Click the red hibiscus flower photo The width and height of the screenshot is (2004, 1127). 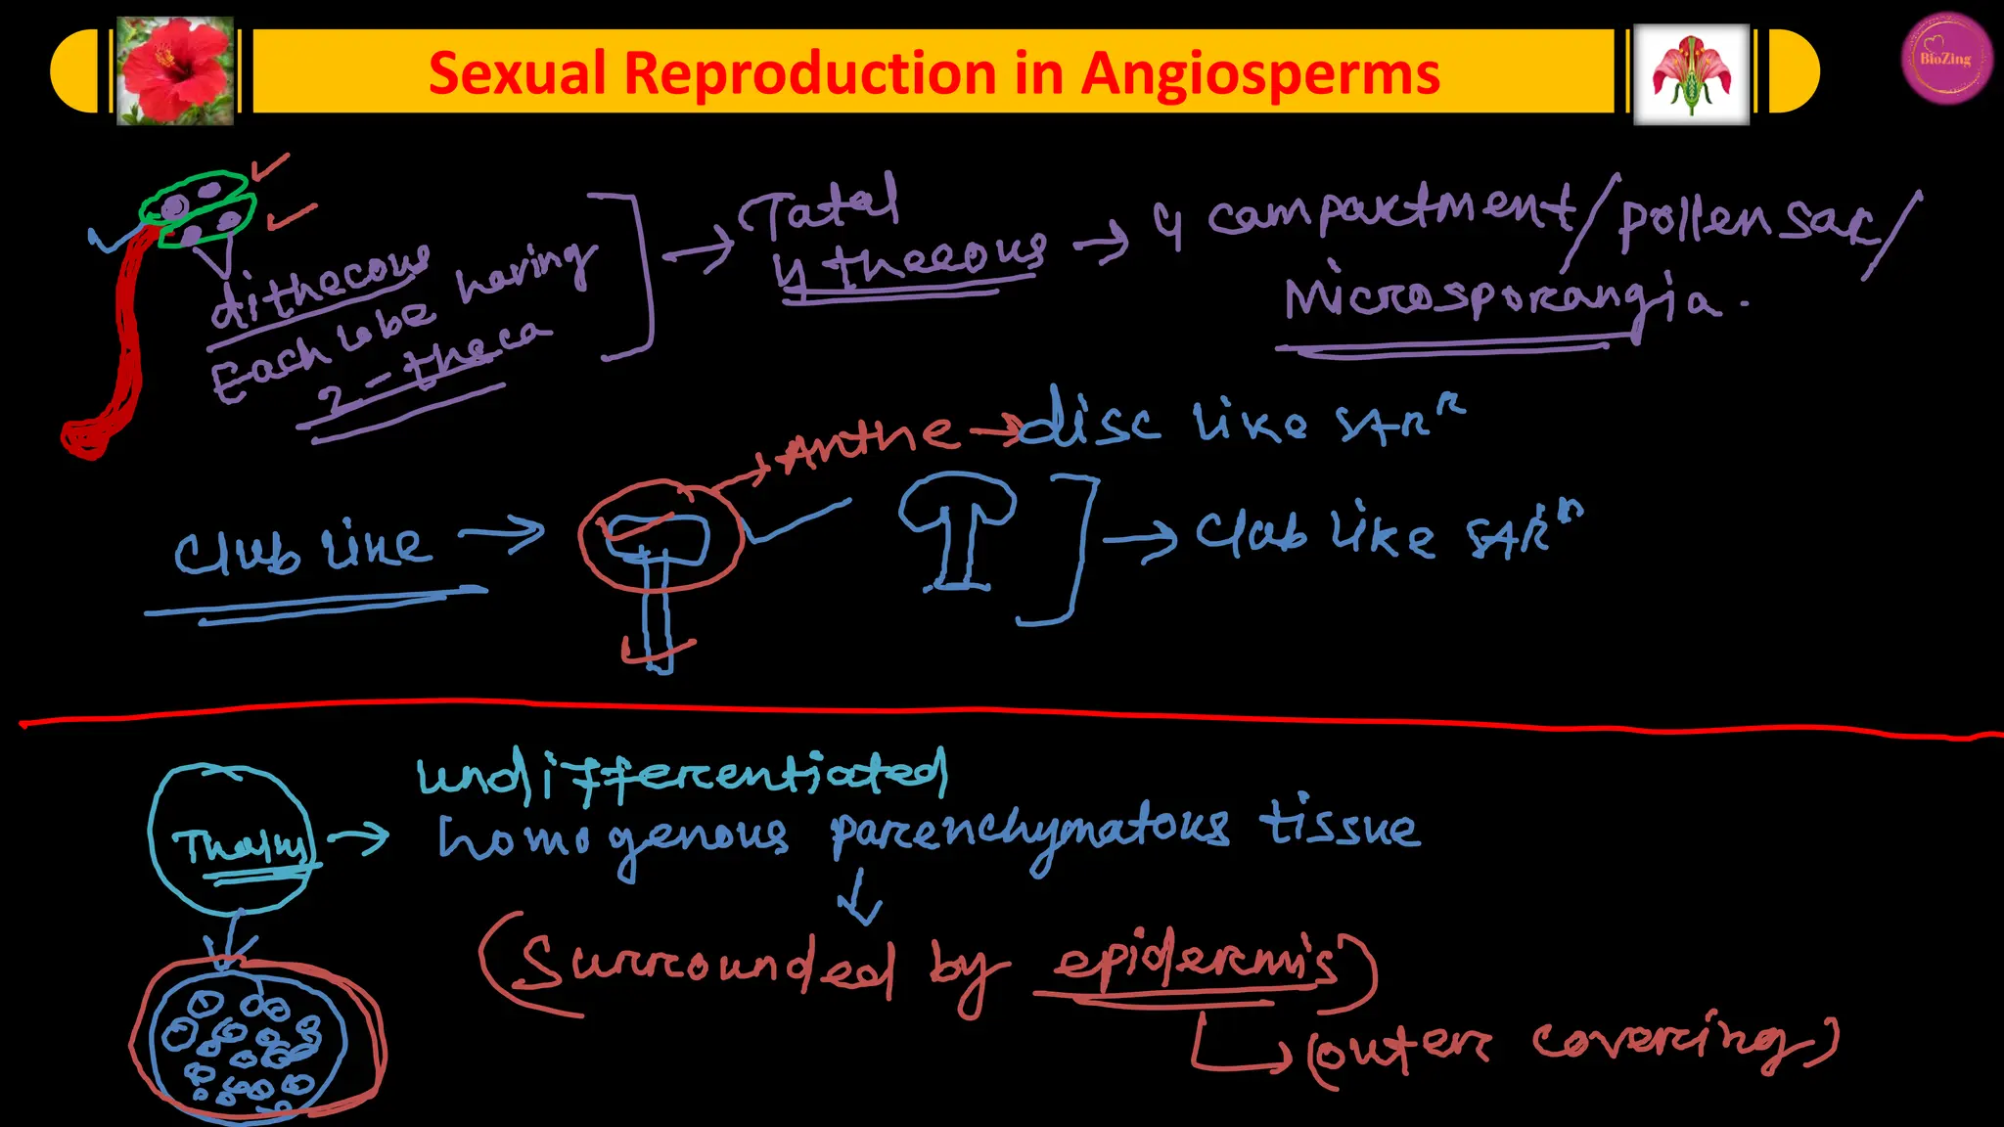(x=175, y=71)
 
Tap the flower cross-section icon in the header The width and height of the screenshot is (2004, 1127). (x=1691, y=74)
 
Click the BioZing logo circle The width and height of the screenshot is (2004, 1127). (x=1946, y=58)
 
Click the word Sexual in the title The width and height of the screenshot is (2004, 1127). (x=518, y=74)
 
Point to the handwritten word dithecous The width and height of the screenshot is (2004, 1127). (x=318, y=286)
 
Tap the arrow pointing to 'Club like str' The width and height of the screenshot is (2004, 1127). (x=1140, y=539)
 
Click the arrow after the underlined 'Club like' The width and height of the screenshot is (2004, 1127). (x=502, y=534)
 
